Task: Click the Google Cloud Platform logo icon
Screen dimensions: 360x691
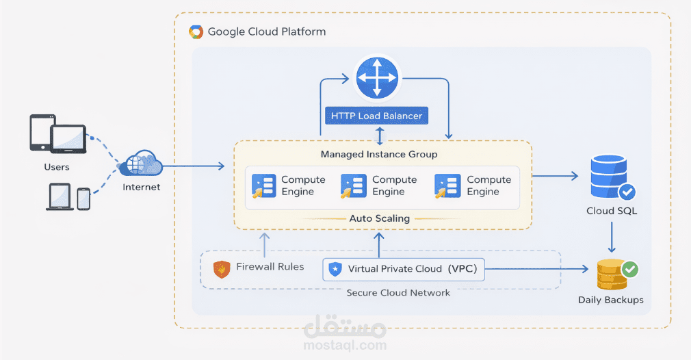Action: pyautogui.click(x=196, y=31)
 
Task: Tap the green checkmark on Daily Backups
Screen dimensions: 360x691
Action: pyautogui.click(x=629, y=269)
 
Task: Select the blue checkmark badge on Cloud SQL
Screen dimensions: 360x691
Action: pyautogui.click(x=627, y=192)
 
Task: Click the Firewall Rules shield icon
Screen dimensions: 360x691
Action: pyautogui.click(x=221, y=269)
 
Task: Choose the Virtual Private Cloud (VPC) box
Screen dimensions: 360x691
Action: pyautogui.click(x=404, y=269)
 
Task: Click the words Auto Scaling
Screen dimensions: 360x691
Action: pyautogui.click(x=380, y=218)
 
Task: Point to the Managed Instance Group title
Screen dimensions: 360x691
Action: pyautogui.click(x=379, y=154)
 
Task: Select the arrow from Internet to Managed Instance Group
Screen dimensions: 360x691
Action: pyautogui.click(x=195, y=166)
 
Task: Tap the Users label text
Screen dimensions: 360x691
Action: pyautogui.click(x=56, y=167)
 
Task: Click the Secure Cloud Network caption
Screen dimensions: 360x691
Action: pyautogui.click(x=398, y=292)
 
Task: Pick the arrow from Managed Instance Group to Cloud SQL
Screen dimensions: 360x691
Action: pyautogui.click(x=556, y=176)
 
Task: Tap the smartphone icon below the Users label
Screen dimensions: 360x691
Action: pyautogui.click(x=83, y=198)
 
